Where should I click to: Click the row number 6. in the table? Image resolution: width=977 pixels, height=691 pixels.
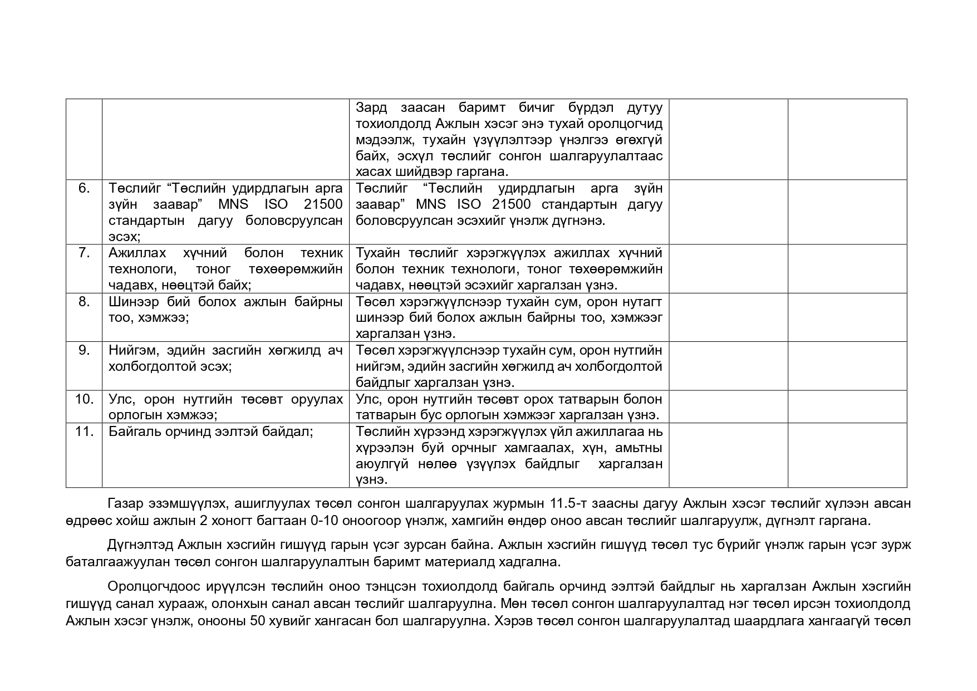[x=84, y=188]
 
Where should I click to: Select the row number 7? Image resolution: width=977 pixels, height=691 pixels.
[x=84, y=253]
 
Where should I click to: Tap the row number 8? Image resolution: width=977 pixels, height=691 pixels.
[x=84, y=302]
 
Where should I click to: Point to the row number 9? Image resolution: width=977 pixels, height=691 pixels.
[x=84, y=351]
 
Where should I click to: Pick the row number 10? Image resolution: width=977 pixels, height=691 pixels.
[x=84, y=399]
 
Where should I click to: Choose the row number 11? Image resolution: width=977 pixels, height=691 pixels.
[x=84, y=432]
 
